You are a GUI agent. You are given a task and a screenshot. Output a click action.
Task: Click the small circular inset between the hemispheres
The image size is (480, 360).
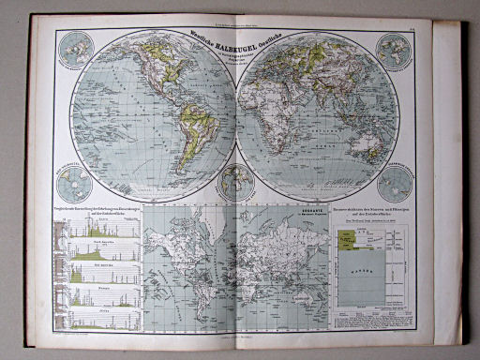tap(236, 179)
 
